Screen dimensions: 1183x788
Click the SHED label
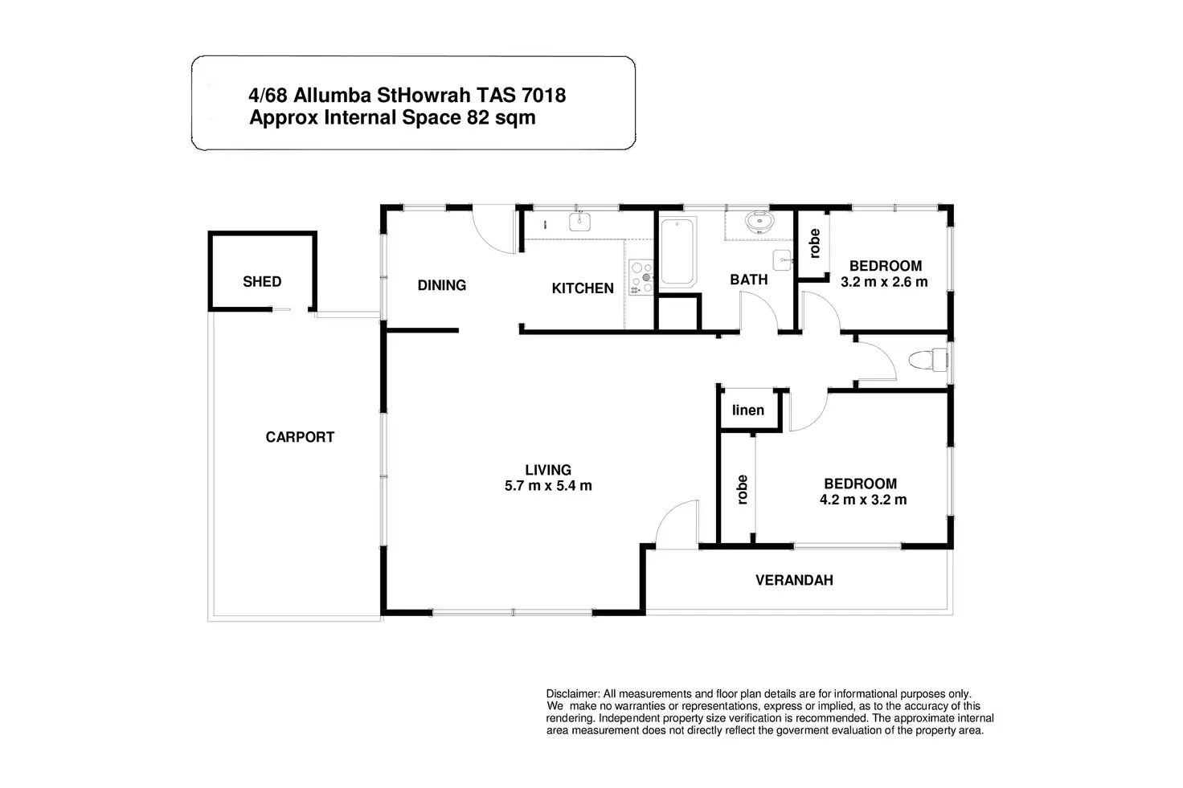point(262,281)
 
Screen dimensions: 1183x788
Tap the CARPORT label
point(300,437)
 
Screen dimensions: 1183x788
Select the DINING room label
point(441,285)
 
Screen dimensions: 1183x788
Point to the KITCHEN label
point(583,288)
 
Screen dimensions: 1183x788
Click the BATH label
point(748,280)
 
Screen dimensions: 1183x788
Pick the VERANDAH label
point(794,580)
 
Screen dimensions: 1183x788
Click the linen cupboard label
point(748,410)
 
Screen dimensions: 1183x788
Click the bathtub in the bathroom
point(677,251)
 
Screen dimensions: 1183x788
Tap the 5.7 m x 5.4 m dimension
point(548,486)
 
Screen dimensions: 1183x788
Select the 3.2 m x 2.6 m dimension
point(884,282)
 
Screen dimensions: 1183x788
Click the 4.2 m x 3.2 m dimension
point(863,500)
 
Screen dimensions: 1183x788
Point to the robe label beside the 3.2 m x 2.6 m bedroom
point(814,243)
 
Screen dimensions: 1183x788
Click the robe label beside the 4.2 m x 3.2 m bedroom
point(742,489)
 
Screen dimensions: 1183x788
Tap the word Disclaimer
point(572,694)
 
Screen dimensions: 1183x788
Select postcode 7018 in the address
point(543,96)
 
